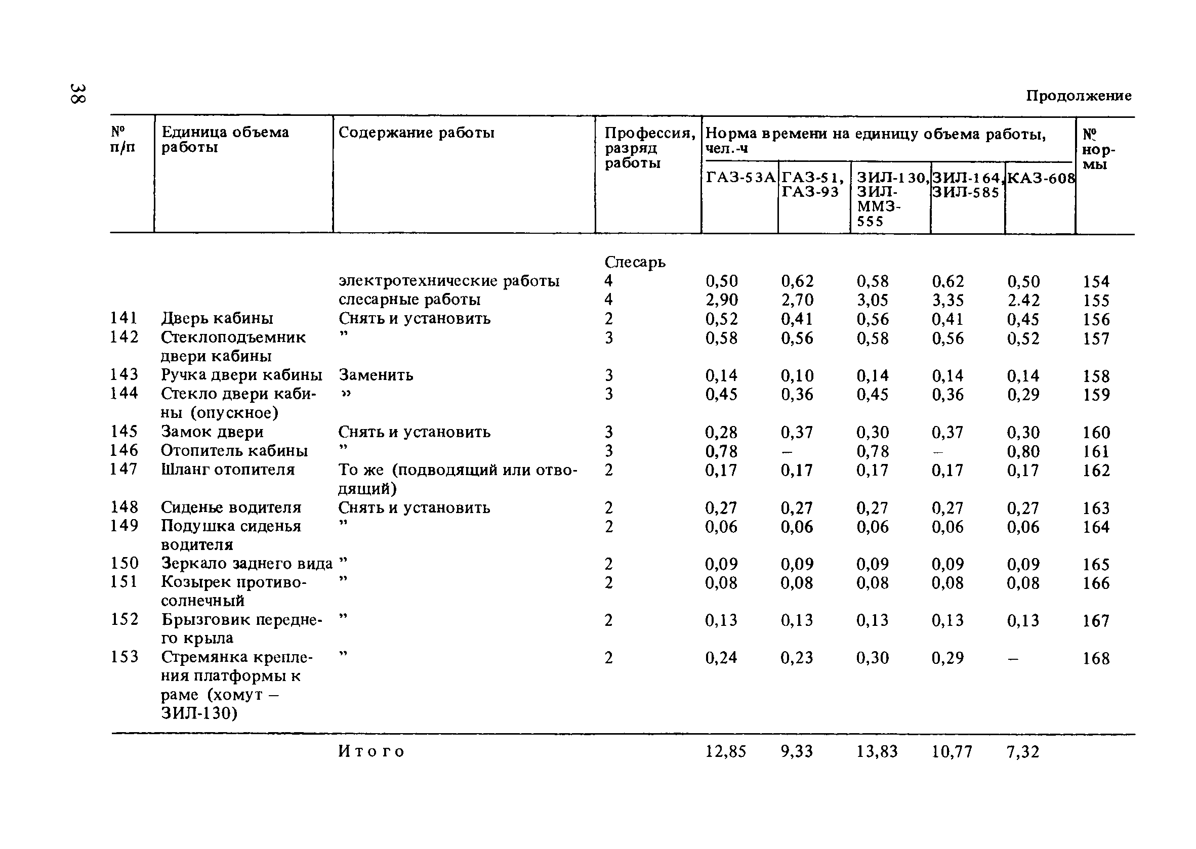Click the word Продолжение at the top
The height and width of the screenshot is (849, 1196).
click(1079, 96)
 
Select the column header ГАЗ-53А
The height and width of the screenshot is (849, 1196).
click(740, 178)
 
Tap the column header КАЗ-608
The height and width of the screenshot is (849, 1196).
click(1041, 179)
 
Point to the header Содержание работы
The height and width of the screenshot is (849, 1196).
click(416, 133)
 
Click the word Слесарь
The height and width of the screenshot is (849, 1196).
click(635, 262)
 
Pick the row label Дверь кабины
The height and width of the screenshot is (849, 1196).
click(217, 318)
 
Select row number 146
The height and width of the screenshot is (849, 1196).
click(125, 450)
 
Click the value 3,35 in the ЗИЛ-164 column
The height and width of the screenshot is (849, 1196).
click(947, 300)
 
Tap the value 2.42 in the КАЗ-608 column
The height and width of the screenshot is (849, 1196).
click(1023, 300)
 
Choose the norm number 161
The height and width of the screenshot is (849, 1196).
click(1096, 451)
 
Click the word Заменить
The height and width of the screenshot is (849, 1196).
click(376, 375)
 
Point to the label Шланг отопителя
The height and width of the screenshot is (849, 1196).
click(227, 470)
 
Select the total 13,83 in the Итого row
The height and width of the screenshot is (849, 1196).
click(877, 752)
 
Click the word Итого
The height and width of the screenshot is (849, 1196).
click(372, 751)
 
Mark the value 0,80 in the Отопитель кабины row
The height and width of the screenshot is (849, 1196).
click(1023, 451)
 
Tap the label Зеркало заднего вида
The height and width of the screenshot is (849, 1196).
click(246, 564)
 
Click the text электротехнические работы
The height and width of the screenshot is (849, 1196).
click(449, 281)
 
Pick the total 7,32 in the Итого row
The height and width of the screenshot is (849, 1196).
click(1023, 752)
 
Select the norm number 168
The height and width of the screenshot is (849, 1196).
click(1096, 658)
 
